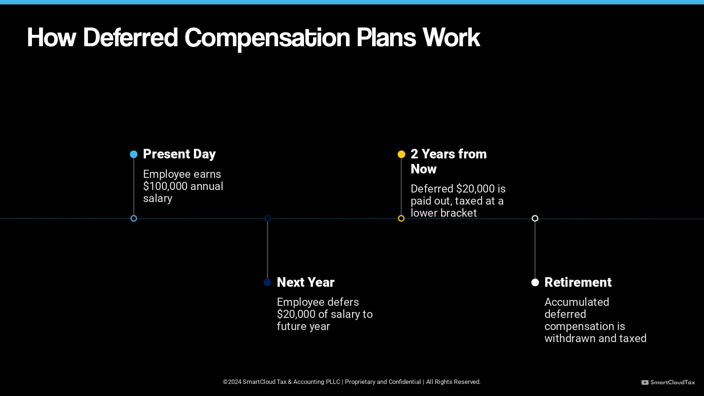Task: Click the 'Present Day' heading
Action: pos(179,154)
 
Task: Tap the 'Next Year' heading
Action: pos(305,282)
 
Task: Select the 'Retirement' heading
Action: pos(578,282)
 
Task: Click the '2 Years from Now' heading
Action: pos(448,161)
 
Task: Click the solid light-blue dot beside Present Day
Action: pos(134,154)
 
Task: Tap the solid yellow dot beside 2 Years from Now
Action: pos(401,154)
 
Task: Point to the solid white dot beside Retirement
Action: pos(535,282)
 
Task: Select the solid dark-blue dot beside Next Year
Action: pos(267,282)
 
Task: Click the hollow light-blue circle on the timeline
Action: pos(134,219)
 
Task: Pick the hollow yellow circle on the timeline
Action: pos(401,219)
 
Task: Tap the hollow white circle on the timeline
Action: pos(535,219)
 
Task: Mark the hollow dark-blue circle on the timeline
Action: pos(267,219)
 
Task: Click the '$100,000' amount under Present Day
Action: pos(165,186)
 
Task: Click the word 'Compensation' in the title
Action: pos(267,38)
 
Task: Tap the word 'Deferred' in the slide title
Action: pos(130,38)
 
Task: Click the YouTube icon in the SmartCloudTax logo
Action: pos(645,382)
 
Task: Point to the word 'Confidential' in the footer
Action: pos(404,382)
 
